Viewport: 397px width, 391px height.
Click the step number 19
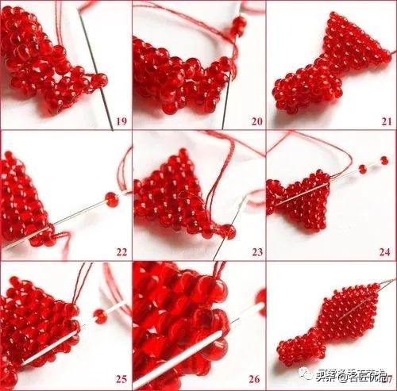[x=121, y=121]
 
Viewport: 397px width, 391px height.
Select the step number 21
[x=386, y=121]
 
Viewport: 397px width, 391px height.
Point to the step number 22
[x=121, y=252]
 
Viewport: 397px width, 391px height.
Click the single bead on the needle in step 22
[x=112, y=199]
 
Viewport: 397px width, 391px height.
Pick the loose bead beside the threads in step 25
[x=101, y=316]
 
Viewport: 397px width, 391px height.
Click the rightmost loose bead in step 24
[x=384, y=161]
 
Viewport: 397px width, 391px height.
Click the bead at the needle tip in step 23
[x=229, y=232]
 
